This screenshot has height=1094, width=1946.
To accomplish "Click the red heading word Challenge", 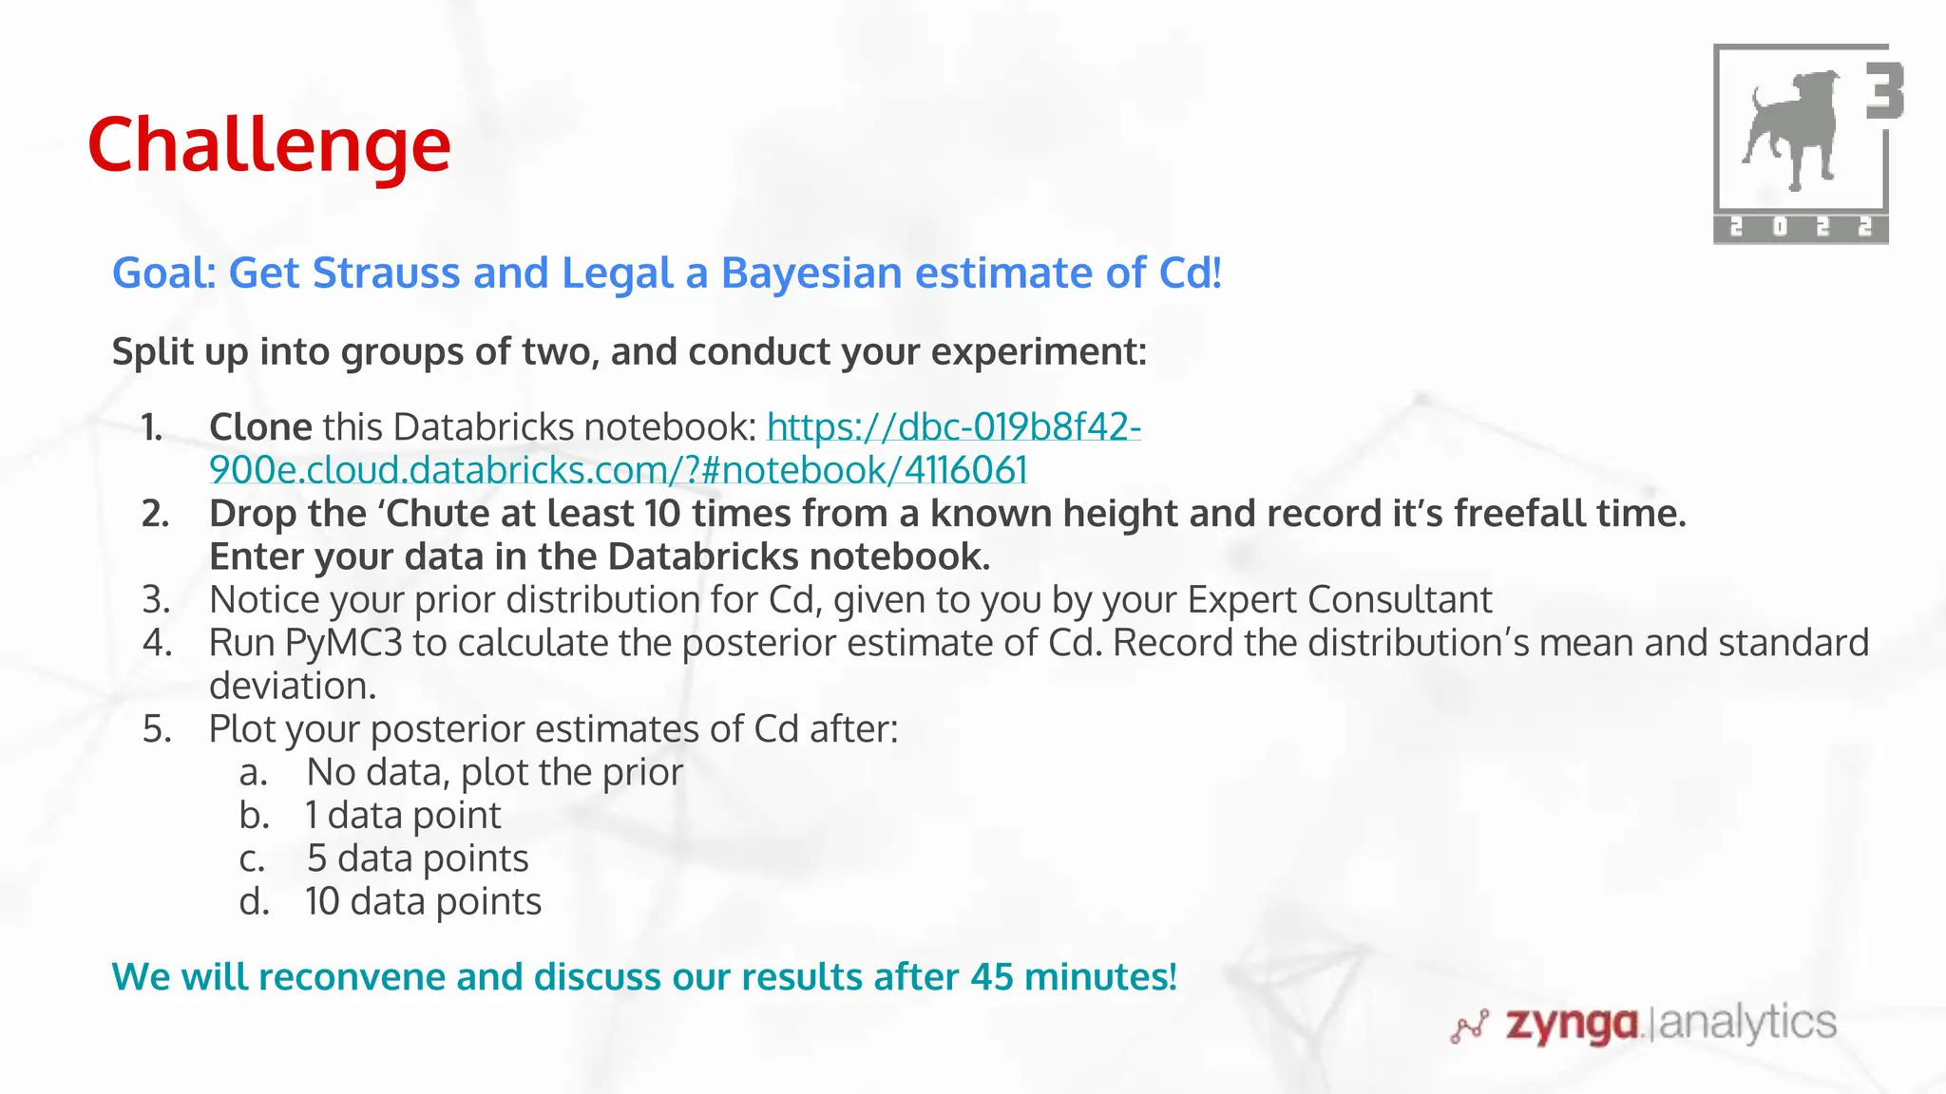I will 269,144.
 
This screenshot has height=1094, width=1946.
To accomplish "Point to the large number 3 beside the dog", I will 1885,91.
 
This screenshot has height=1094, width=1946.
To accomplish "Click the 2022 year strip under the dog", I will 1800,228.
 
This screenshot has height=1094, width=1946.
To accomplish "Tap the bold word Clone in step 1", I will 260,427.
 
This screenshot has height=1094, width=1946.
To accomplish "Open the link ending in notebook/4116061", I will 618,470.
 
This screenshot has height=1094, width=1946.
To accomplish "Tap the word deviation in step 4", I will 293,686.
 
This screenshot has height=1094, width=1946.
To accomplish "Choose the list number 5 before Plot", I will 157,729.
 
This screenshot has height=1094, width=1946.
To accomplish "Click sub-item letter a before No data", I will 253,773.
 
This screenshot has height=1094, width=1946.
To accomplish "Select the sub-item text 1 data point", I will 403,816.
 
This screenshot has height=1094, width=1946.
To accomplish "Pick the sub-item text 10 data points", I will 423,902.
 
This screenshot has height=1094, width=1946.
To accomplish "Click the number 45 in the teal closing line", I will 992,977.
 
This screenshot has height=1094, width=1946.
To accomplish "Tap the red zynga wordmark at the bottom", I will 1573,1025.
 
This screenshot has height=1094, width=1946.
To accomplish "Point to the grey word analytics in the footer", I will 1747,1023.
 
